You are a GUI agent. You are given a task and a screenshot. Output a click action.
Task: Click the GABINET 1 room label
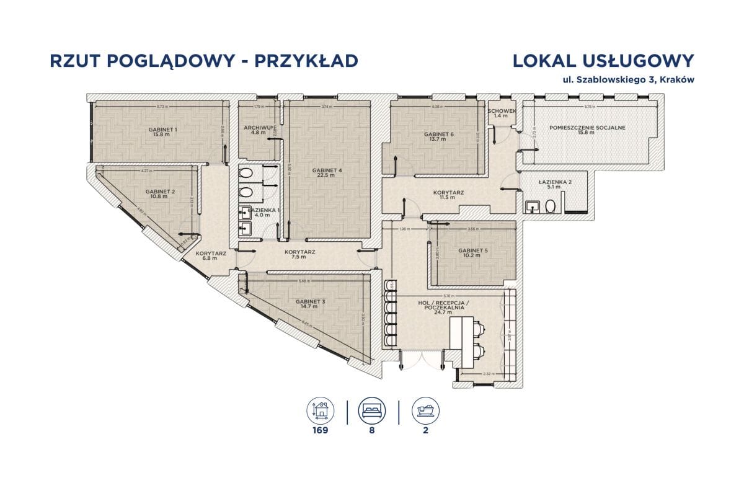click(x=163, y=130)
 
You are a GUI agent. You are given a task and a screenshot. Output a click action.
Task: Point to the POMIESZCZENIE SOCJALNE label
click(x=587, y=128)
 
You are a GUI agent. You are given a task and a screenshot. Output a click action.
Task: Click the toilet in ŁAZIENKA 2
click(x=550, y=206)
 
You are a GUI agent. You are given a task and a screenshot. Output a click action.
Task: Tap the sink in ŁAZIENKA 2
click(x=531, y=206)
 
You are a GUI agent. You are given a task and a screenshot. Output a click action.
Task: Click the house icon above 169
click(x=321, y=410)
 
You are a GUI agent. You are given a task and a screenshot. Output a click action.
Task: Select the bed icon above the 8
click(x=372, y=410)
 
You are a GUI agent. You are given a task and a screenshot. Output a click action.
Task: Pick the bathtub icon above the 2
click(x=425, y=410)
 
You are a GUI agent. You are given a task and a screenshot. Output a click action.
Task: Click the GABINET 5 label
click(x=474, y=251)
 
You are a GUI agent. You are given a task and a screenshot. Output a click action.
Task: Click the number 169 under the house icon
click(x=321, y=430)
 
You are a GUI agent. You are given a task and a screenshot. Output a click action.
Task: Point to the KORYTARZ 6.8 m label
click(x=211, y=254)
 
